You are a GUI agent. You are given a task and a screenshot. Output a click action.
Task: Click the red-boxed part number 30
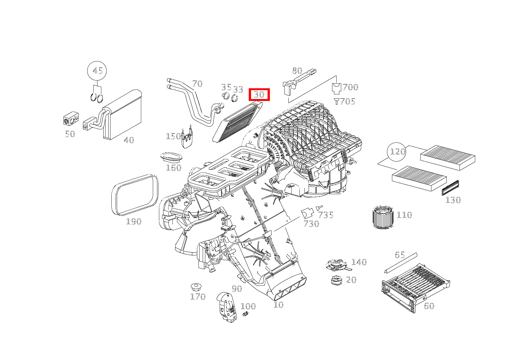pyautogui.click(x=259, y=94)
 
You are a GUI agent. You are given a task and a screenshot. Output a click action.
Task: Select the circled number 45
pyautogui.click(x=97, y=71)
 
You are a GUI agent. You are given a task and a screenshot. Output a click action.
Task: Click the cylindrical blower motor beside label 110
pyautogui.click(x=383, y=217)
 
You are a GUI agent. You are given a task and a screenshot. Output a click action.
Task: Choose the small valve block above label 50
pyautogui.click(x=71, y=119)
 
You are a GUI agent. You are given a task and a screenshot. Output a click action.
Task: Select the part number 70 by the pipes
pyautogui.click(x=197, y=84)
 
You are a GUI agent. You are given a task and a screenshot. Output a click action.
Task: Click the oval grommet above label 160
pyautogui.click(x=172, y=157)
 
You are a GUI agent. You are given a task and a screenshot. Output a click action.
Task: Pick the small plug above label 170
pyautogui.click(x=197, y=287)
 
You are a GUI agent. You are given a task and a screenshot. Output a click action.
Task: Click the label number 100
pyautogui.click(x=248, y=306)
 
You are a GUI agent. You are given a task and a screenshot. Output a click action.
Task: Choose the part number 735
pyautogui.click(x=326, y=215)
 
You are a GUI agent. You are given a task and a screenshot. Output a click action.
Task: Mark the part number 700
pyautogui.click(x=350, y=87)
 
